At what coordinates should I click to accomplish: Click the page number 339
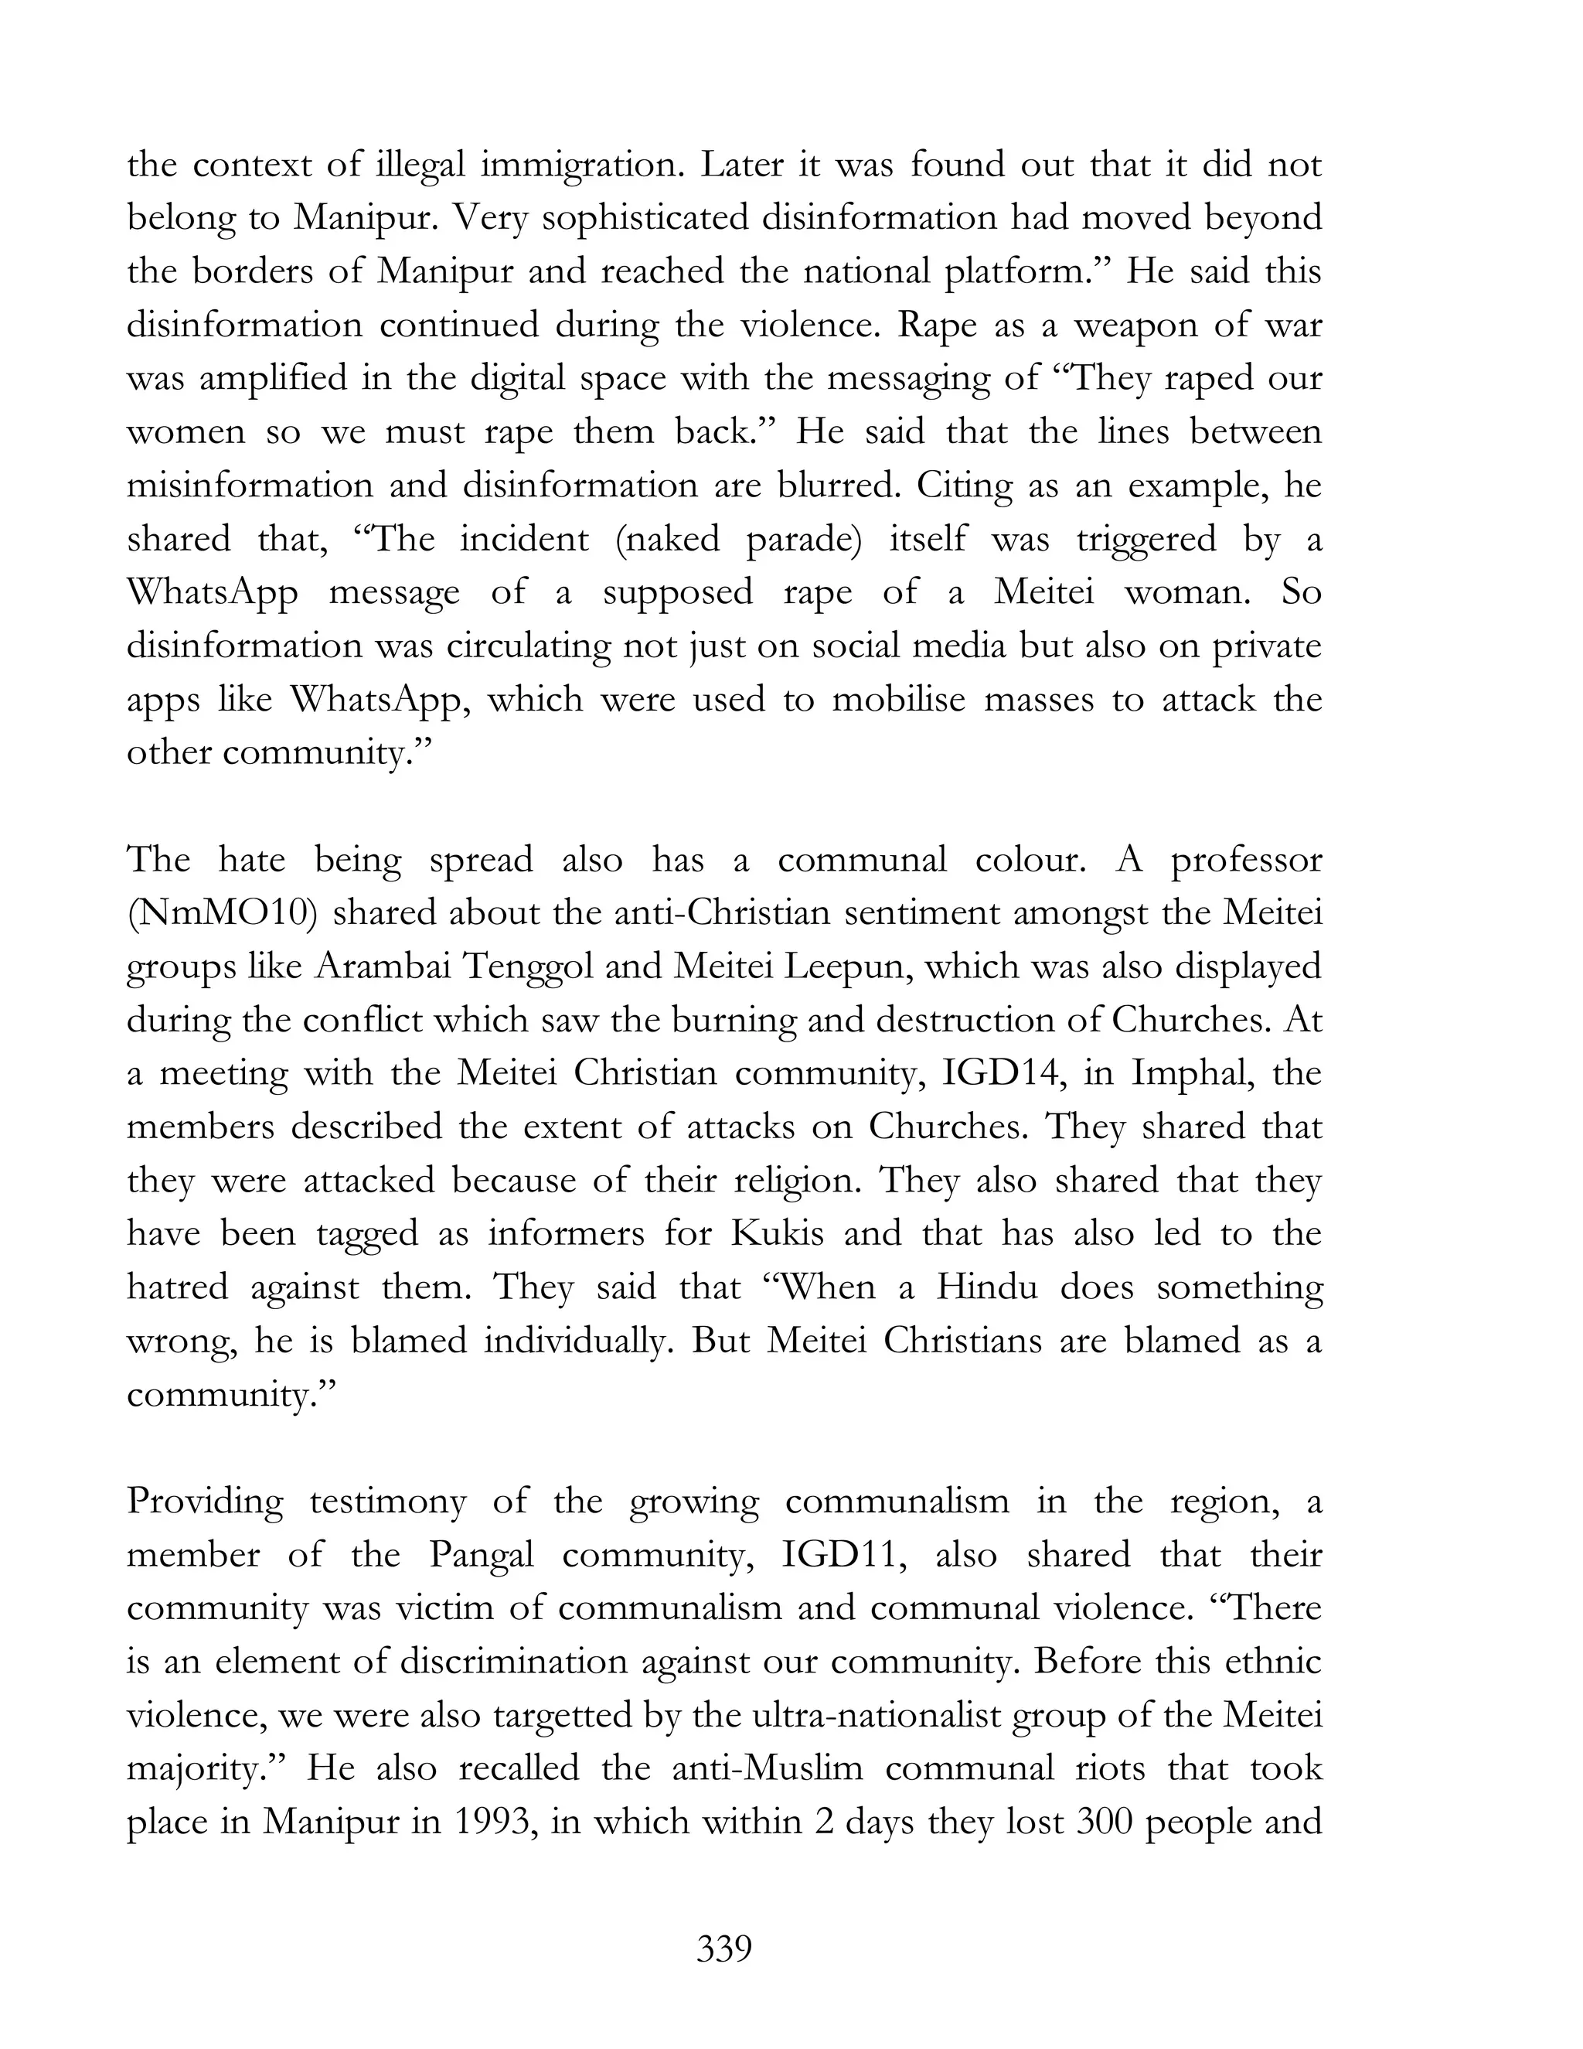tap(724, 1948)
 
